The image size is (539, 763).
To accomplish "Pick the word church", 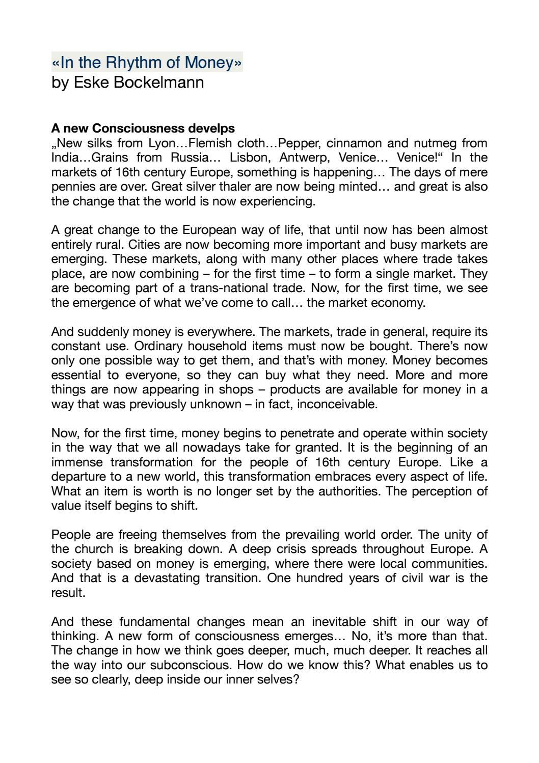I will (x=101, y=549).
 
